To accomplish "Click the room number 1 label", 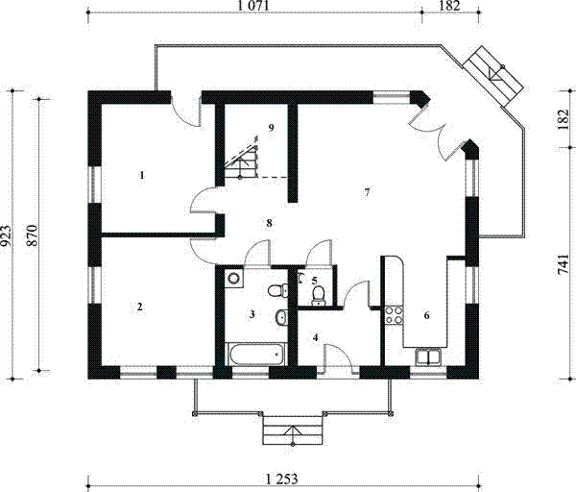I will click(x=142, y=176).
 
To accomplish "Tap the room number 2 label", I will click(x=140, y=307).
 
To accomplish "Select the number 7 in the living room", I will click(x=367, y=192).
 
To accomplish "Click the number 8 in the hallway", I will click(x=270, y=223).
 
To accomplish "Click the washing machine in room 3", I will click(x=233, y=280).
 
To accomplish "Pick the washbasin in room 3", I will click(x=280, y=318).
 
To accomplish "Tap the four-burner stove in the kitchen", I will click(x=394, y=314).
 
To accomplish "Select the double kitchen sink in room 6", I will click(x=427, y=357).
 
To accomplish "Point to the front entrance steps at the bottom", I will click(x=293, y=431).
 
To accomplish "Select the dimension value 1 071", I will click(x=253, y=7).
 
